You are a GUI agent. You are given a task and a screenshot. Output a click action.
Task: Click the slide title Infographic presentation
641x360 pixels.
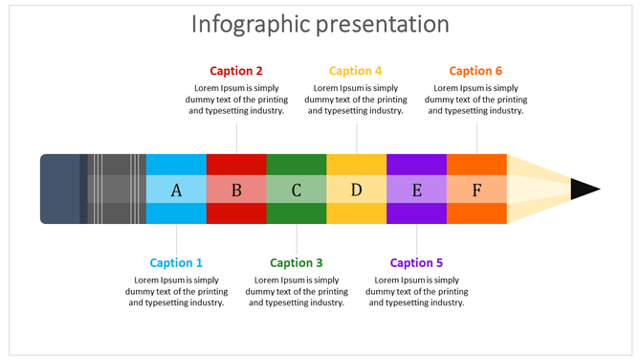coord(320,24)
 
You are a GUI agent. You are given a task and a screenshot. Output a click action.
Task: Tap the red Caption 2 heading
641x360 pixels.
coord(236,71)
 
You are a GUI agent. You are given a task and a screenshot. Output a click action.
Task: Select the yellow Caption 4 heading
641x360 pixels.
coord(356,71)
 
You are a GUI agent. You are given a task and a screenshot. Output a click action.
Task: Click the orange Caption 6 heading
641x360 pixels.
coord(475,71)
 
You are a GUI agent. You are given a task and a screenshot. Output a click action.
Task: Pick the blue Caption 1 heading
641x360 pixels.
coord(176,263)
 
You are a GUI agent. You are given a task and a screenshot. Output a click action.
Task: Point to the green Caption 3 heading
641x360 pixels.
coord(297,263)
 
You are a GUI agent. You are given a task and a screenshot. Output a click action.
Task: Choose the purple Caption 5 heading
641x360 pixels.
coord(416,263)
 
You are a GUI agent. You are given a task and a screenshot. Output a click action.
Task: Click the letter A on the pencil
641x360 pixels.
coord(176,190)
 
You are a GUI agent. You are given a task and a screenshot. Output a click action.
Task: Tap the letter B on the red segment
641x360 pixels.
coord(236,190)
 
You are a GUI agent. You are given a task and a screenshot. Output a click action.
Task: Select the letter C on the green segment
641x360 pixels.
coord(297,190)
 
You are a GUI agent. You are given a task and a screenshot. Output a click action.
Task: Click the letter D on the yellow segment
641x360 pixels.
coord(356,190)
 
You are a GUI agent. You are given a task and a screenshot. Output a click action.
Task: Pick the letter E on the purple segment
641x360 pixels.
coord(416,190)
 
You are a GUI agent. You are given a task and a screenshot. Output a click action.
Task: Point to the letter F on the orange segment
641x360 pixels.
coord(476,190)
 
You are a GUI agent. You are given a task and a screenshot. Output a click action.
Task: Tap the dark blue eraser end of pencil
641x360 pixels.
coord(59,189)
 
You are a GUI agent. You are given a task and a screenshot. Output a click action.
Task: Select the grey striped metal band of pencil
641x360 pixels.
coord(115,189)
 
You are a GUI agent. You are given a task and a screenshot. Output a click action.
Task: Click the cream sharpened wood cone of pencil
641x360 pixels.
coord(536,189)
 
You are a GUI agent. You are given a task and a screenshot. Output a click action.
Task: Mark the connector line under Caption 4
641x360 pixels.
coord(357,135)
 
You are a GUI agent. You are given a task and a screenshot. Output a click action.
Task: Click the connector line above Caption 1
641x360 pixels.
coord(176,239)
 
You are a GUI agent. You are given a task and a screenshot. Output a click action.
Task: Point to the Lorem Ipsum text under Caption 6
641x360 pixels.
coord(475,100)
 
